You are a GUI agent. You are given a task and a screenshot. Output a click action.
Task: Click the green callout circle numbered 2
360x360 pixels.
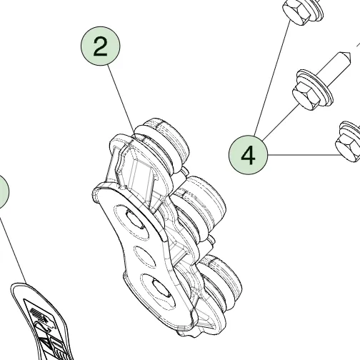tap(100, 46)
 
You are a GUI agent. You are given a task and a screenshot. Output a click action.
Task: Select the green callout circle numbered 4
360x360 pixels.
tap(248, 155)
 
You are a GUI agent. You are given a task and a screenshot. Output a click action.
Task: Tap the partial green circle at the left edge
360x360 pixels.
tap(4, 192)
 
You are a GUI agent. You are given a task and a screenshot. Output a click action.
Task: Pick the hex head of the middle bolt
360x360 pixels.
tap(306, 96)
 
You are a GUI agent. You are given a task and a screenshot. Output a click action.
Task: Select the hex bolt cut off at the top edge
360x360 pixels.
tap(302, 11)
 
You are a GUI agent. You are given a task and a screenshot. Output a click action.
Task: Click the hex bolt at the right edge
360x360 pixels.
tap(348, 144)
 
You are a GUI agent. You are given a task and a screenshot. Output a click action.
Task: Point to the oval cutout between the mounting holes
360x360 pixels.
tap(145, 256)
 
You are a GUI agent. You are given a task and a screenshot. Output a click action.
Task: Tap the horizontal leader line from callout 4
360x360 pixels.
tap(304, 155)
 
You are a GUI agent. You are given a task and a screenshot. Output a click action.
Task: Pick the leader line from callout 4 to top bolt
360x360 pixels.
tap(272, 78)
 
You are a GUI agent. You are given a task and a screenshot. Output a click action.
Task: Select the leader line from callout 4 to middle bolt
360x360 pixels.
tap(281, 122)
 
